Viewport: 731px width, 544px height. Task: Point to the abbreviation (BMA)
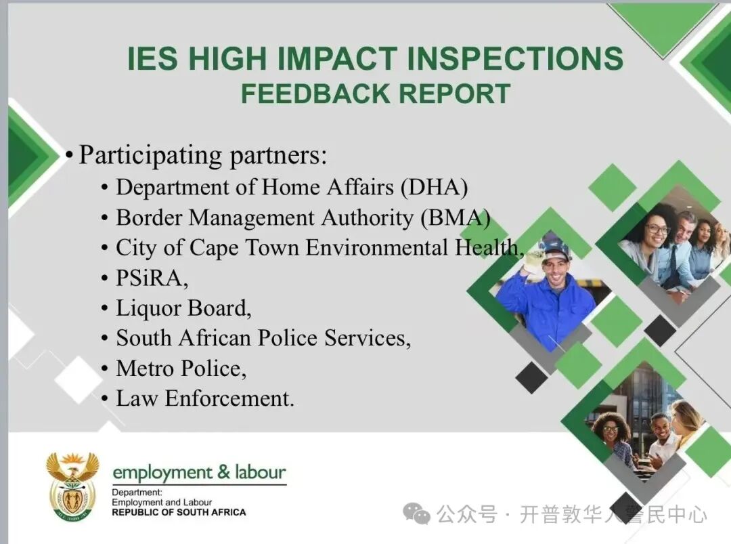[456, 218]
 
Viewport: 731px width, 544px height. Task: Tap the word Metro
[145, 369]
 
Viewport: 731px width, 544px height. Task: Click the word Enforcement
[229, 398]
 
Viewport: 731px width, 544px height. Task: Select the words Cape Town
[244, 249]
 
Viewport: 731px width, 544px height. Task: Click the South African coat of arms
[72, 486]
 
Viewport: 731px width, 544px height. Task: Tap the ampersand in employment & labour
[224, 472]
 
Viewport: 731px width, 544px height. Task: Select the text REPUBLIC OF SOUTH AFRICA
[179, 512]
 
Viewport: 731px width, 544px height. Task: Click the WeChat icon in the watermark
[416, 514]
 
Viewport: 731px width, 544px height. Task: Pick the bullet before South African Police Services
[105, 339]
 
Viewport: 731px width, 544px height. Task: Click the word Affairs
[360, 188]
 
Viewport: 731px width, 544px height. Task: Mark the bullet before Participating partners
[70, 155]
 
